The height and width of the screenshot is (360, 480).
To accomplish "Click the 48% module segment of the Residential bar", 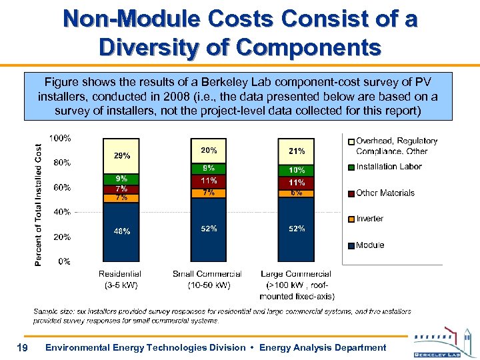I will click(x=121, y=231).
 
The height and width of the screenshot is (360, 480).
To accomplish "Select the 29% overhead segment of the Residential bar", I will click(x=121, y=156).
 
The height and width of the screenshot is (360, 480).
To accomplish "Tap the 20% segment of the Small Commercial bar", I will click(x=208, y=151).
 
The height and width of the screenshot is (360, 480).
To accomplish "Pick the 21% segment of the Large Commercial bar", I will click(x=296, y=151).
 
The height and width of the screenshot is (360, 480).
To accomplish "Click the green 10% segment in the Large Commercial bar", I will click(x=296, y=171).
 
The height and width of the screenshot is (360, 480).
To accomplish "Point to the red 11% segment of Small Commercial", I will click(x=208, y=181).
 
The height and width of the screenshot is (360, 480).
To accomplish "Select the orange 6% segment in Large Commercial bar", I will click(x=296, y=193).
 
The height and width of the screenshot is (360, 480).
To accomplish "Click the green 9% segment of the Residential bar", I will click(x=121, y=179).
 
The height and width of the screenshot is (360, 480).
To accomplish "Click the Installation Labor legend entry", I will click(x=388, y=167).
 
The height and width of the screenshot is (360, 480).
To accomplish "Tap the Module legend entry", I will click(x=369, y=245).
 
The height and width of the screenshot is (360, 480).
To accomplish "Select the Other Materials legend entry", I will click(x=384, y=193).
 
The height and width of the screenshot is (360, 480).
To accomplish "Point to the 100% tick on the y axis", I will click(x=61, y=138).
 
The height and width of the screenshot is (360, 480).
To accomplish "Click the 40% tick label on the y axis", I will click(x=63, y=212).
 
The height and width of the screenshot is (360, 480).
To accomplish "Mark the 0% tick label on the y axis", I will click(x=65, y=261).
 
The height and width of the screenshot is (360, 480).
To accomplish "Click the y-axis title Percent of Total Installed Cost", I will click(x=39, y=204).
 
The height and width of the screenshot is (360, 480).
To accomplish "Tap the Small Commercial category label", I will click(x=207, y=274).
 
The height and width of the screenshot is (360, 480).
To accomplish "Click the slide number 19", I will click(x=22, y=347).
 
